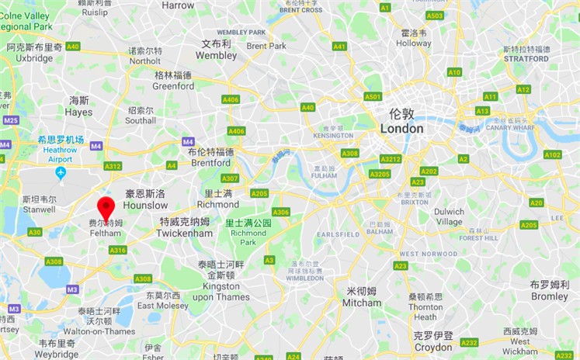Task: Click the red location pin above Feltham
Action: pos(105,207)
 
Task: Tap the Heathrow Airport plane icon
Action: pos(61,171)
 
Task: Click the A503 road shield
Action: pos(435,16)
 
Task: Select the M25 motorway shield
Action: pos(10,120)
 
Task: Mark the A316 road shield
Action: pos(118,250)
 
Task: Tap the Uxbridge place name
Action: pos(35,57)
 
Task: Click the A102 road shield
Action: pos(552,154)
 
